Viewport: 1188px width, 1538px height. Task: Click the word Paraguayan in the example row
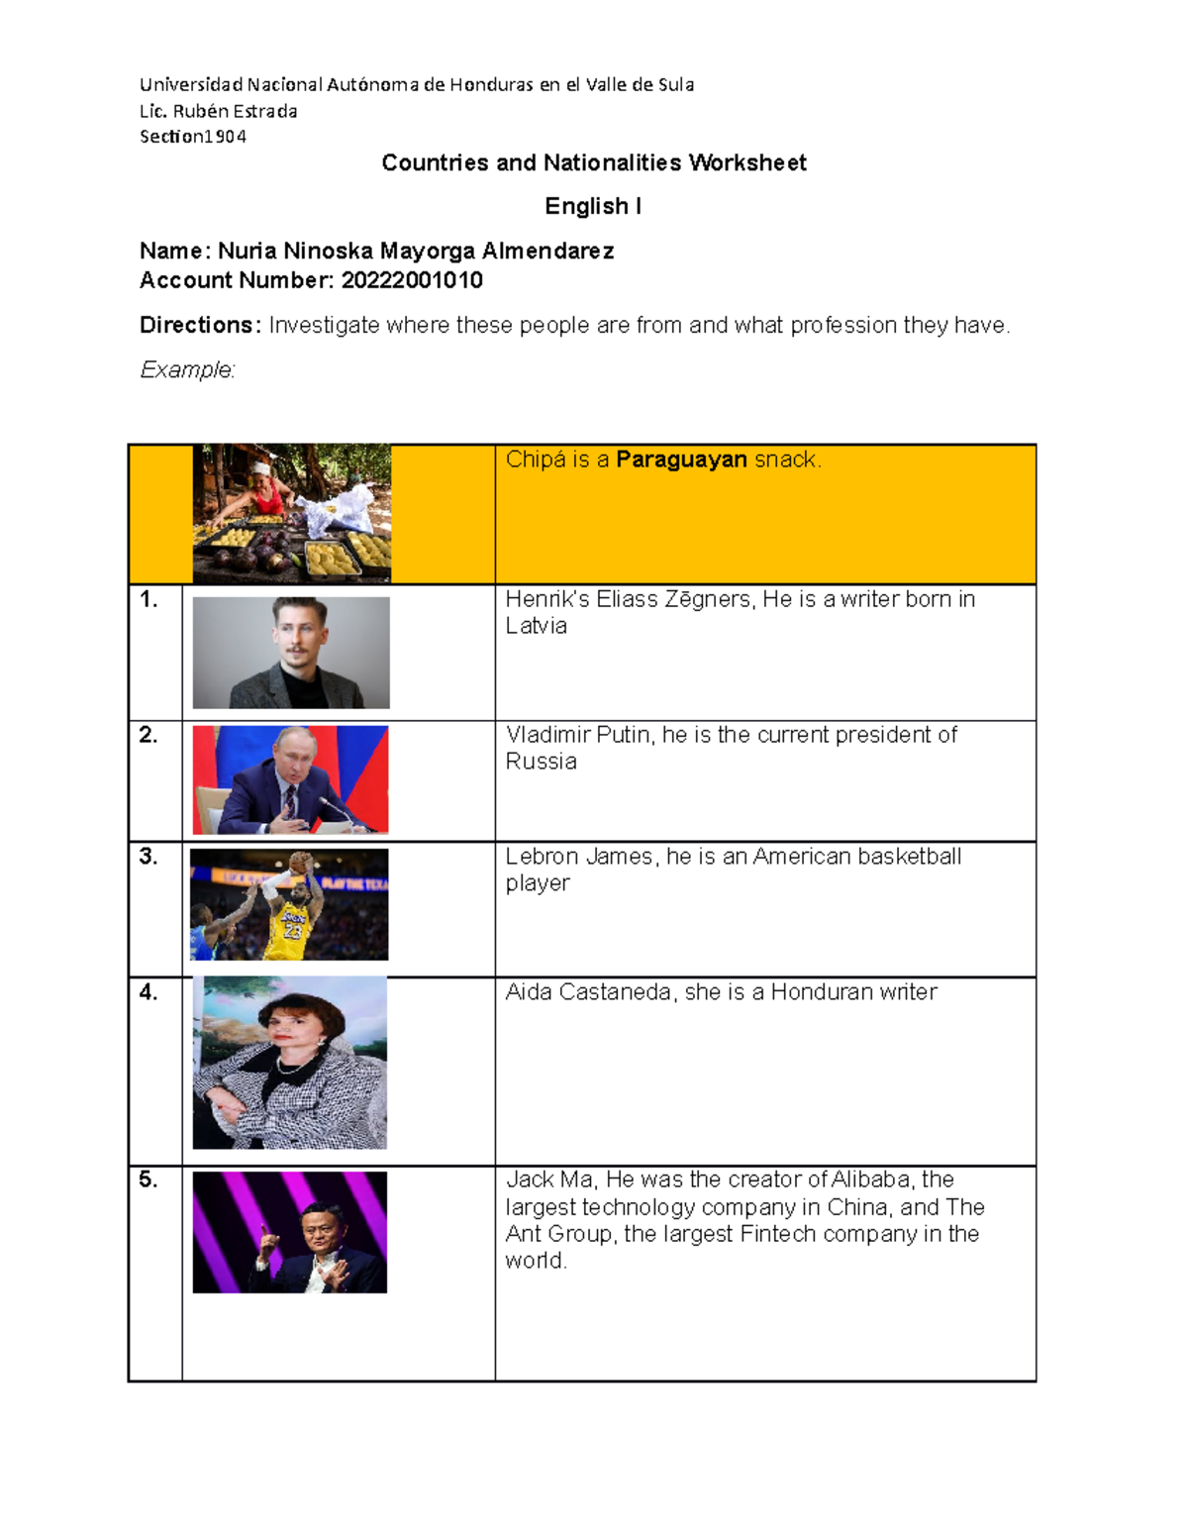681,460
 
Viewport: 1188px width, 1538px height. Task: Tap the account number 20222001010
412,280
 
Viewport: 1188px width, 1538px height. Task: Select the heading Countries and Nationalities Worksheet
594,162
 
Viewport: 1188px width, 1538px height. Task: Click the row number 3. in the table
148,857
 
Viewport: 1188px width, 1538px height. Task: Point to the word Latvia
536,626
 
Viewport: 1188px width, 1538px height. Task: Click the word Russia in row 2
541,762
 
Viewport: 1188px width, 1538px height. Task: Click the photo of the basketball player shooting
289,904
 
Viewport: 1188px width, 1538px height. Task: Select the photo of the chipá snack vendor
292,513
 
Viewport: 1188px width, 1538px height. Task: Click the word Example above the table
186,369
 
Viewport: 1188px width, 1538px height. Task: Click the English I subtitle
593,206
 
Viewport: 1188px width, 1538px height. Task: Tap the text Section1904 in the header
193,137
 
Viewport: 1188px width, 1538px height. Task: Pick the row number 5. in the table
148,1179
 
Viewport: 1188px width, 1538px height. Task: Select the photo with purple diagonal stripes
289,1232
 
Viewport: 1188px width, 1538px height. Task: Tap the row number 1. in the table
148,599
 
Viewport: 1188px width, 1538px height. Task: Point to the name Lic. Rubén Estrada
219,111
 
